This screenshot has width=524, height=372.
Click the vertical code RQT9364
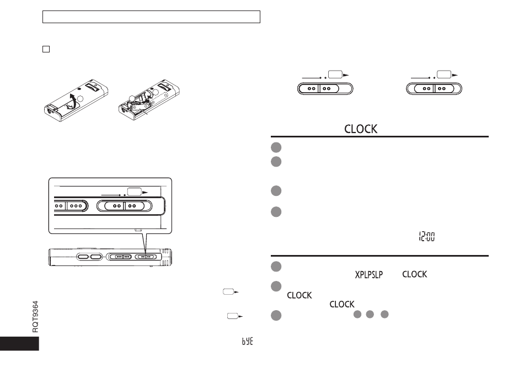tap(35, 316)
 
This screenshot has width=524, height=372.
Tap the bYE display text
tap(247, 341)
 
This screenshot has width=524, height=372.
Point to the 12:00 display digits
tap(427, 237)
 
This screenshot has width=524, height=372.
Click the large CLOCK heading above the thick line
tap(361, 129)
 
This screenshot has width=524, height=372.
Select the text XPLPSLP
tap(368, 275)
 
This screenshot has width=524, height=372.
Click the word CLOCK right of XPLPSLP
tap(414, 274)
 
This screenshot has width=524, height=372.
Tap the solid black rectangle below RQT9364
tap(19, 343)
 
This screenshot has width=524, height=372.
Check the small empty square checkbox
tap(46, 49)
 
